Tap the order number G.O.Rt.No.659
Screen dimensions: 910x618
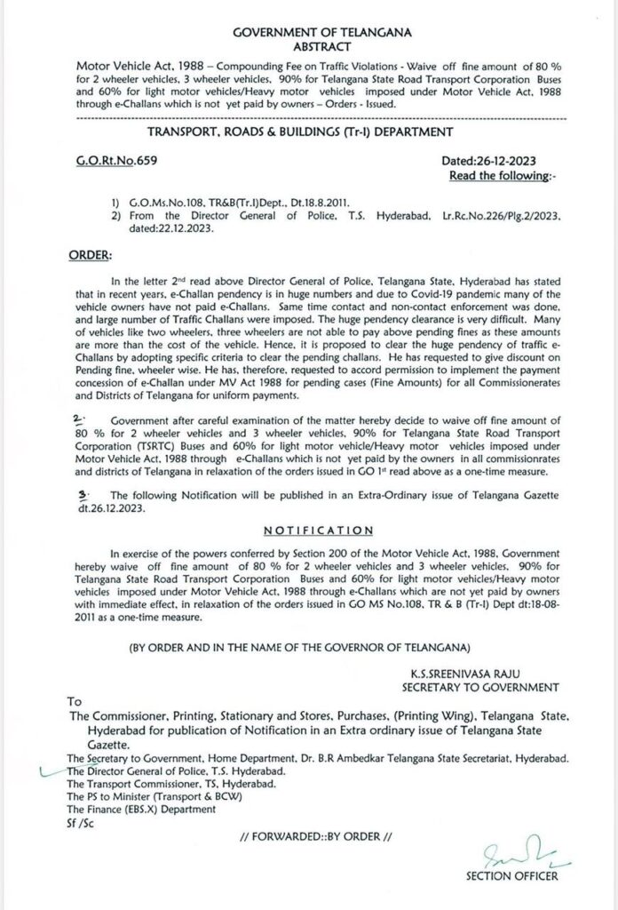(117, 159)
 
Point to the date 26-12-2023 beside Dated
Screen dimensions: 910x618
(507, 159)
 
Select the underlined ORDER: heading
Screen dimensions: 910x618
(90, 255)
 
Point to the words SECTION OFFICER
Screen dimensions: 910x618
(512, 876)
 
